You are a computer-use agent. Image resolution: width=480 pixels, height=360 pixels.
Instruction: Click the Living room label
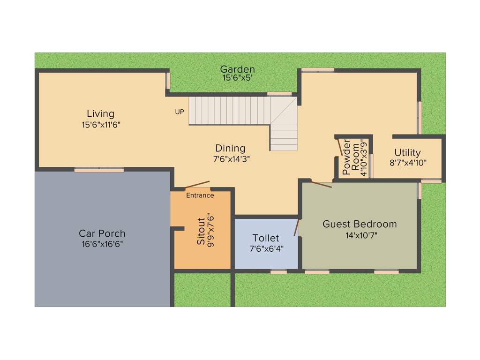click(100, 113)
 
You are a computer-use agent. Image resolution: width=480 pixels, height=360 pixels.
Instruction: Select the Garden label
click(238, 70)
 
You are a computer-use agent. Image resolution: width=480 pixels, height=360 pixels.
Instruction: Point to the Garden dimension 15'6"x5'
click(238, 78)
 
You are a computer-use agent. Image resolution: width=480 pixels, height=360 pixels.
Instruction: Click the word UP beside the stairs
click(180, 112)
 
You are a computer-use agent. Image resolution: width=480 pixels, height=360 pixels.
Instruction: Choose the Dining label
click(230, 149)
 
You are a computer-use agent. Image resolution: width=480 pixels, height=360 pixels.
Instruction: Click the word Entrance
click(200, 195)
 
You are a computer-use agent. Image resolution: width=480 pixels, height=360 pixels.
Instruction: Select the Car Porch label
click(102, 233)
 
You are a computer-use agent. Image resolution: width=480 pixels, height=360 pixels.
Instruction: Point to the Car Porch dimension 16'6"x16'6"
click(102, 244)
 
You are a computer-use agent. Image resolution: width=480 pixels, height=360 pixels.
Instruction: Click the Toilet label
click(266, 238)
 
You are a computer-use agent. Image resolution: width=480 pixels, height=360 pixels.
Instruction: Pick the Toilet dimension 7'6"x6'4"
click(266, 248)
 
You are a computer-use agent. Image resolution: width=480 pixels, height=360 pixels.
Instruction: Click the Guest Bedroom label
click(360, 224)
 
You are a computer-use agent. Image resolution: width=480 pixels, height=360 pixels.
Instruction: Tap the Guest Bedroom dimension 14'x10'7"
click(360, 235)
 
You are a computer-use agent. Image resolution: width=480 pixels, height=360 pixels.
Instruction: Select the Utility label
click(407, 152)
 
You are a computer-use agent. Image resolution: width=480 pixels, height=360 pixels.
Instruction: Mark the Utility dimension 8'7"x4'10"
click(408, 163)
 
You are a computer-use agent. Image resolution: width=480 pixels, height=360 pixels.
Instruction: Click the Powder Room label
click(351, 157)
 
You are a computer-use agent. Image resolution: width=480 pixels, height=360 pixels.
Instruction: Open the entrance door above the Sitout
click(197, 184)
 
